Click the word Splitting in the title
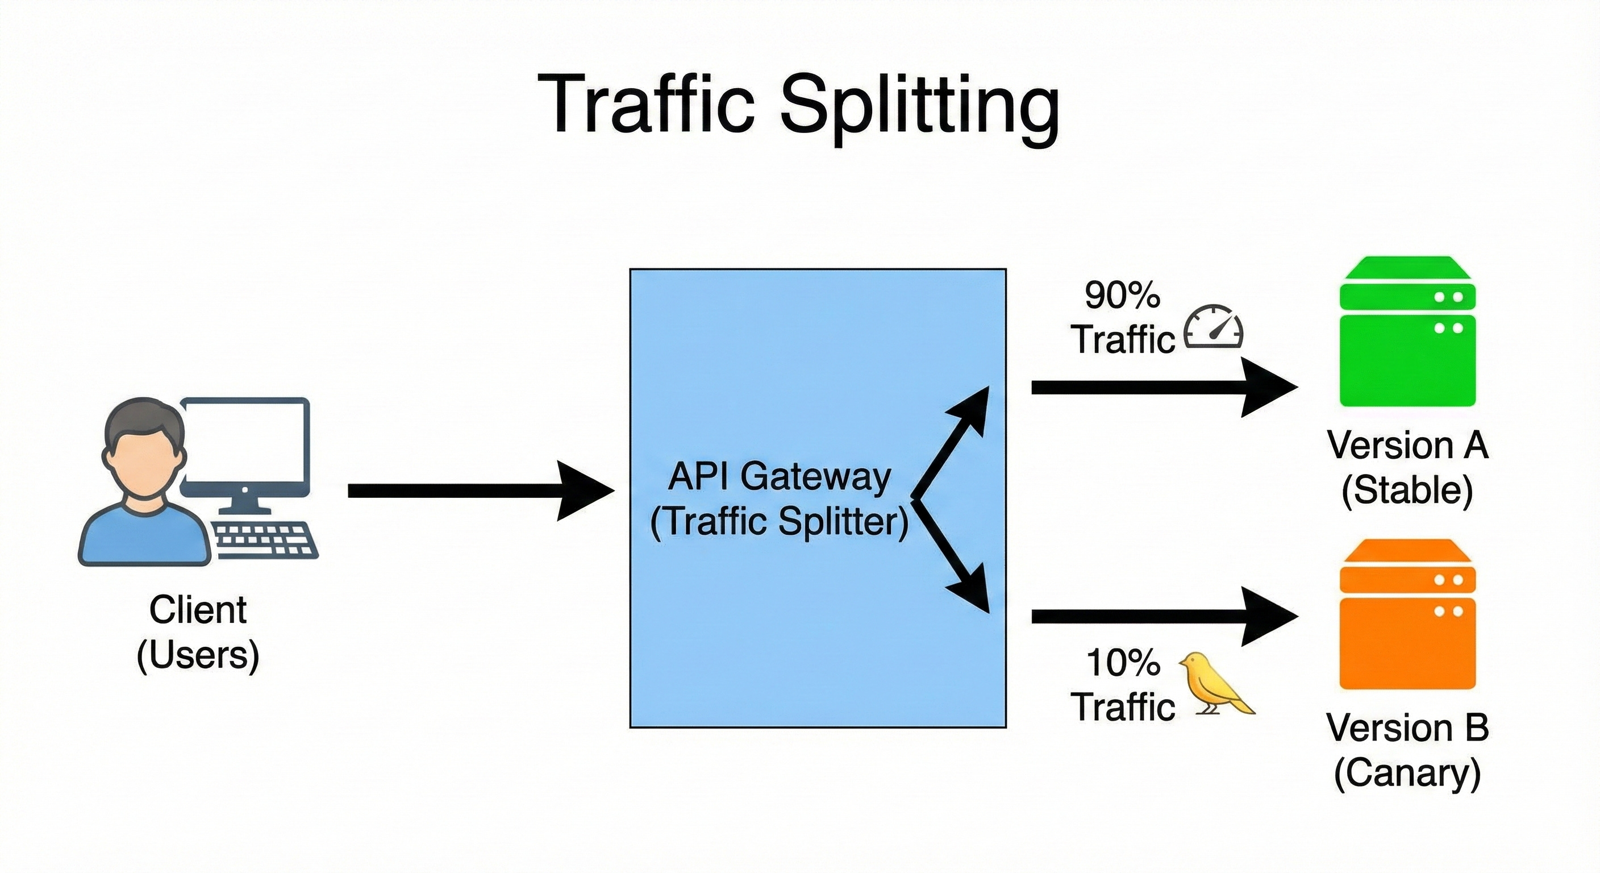(919, 106)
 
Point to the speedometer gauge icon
(1213, 327)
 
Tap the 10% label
(1123, 662)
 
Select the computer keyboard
(265, 539)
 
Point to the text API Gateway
(780, 477)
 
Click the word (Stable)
(1407, 491)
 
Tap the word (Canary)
(1407, 774)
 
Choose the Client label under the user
(198, 610)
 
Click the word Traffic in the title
(646, 106)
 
